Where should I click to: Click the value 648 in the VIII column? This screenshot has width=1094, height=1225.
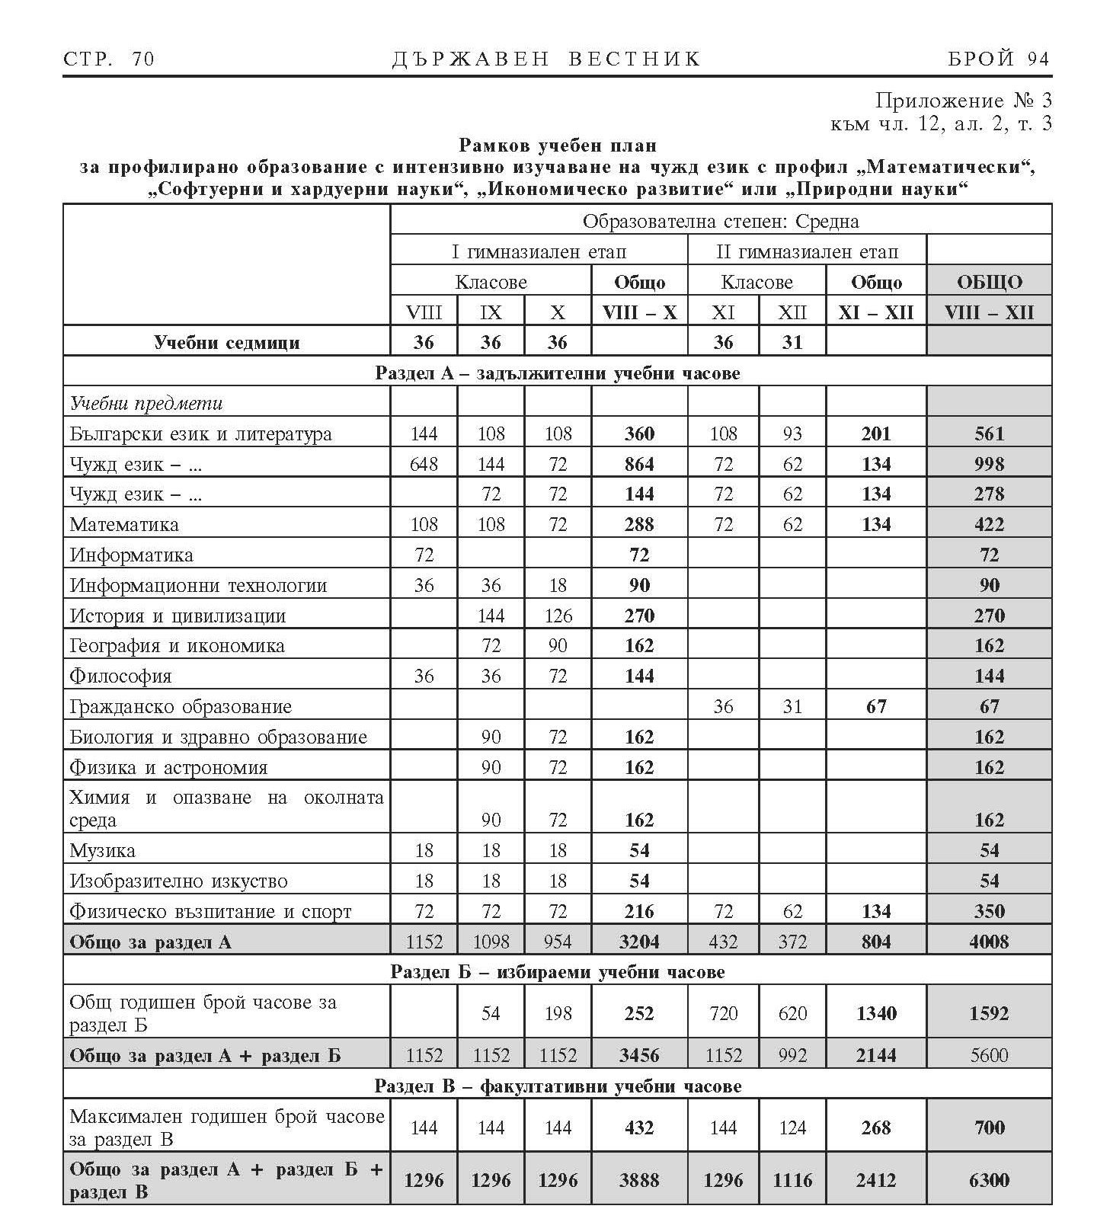424,464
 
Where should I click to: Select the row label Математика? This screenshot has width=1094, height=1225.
124,525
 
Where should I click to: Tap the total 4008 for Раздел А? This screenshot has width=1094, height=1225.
989,942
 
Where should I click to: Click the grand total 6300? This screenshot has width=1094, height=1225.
989,1180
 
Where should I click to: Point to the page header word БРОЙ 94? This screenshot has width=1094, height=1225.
998,59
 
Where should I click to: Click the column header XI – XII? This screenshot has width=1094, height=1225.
876,312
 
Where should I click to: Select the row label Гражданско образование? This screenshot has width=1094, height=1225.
181,707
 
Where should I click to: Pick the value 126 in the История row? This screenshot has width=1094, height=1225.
558,616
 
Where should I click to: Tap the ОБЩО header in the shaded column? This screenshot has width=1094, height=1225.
989,283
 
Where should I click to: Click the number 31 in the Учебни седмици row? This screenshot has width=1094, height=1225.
792,343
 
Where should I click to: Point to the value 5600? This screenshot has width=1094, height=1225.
989,1055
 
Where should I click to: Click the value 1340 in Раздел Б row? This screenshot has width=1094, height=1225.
876,1013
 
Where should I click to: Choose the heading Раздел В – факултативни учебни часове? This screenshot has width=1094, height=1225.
558,1086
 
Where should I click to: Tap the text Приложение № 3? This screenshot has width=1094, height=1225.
963,101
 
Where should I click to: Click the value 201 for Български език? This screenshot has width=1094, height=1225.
876,434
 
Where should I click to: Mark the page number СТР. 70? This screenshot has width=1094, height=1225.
108,59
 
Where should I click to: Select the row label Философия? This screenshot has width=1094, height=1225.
120,676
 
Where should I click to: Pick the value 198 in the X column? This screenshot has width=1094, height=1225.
558,1013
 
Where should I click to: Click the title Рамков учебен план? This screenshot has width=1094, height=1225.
558,145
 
